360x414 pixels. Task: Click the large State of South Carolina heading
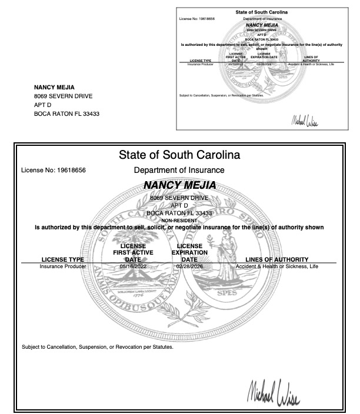(x=179, y=156)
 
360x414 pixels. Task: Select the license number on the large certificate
(x=54, y=171)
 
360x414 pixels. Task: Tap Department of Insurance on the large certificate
(x=179, y=171)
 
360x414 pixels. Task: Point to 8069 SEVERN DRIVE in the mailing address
(x=63, y=96)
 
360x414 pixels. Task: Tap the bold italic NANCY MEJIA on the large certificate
(x=179, y=186)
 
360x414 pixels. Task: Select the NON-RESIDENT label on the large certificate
(x=179, y=221)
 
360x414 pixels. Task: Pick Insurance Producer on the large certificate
(x=63, y=266)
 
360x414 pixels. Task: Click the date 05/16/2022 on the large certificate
(x=132, y=266)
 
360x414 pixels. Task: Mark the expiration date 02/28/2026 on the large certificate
(x=189, y=266)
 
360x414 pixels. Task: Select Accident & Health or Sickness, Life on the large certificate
(x=276, y=266)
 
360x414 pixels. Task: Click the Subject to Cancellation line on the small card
(x=221, y=95)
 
